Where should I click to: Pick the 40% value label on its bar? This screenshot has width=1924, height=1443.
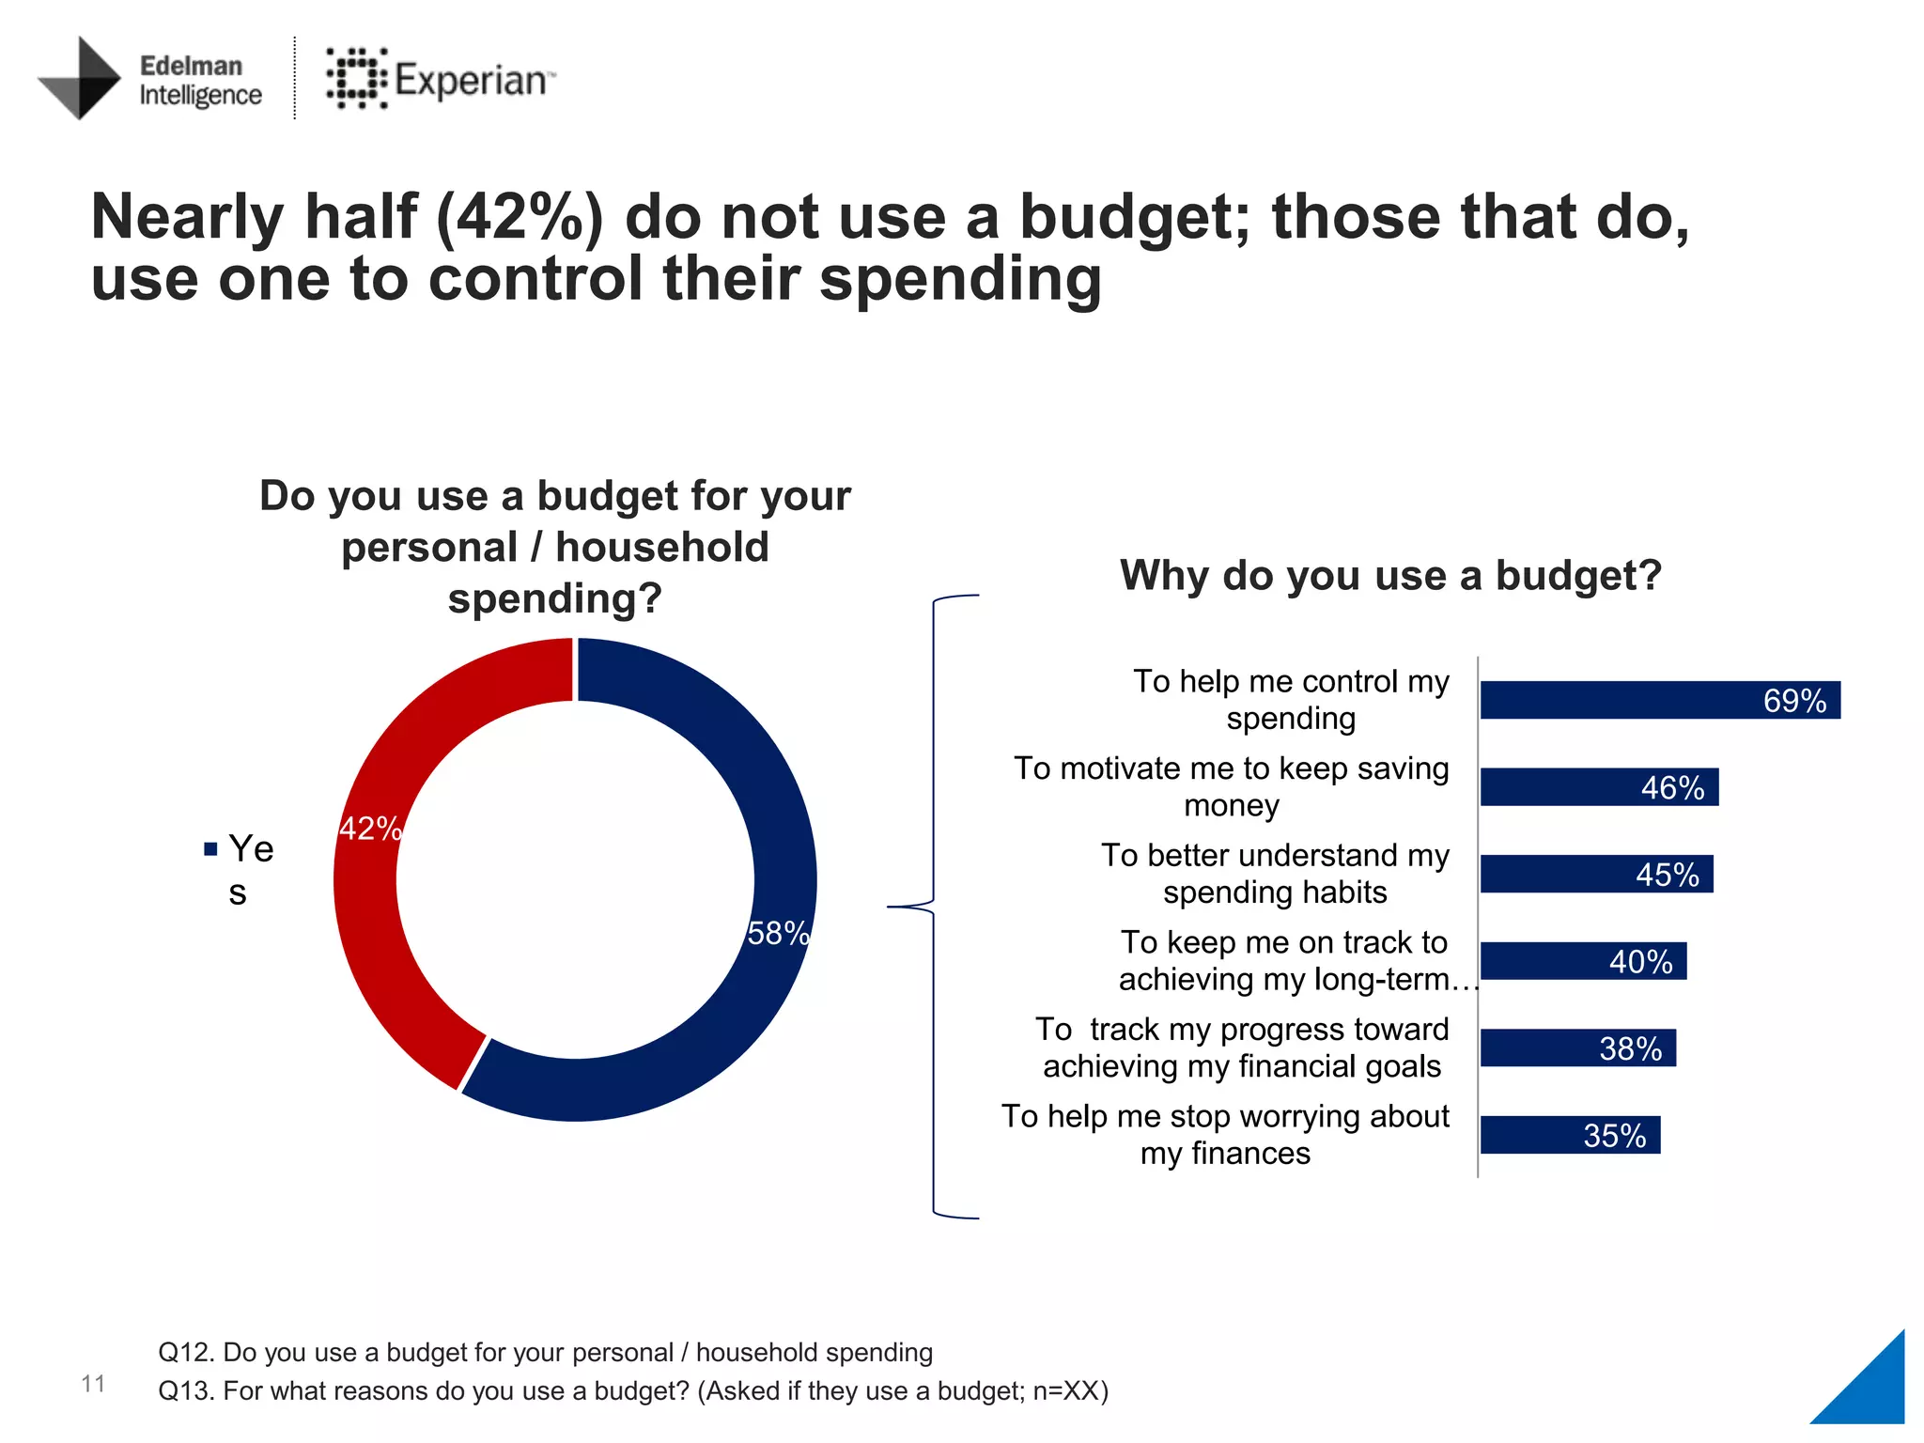(1640, 962)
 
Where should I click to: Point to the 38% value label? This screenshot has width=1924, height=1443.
(1630, 1048)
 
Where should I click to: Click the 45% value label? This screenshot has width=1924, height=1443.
(1667, 875)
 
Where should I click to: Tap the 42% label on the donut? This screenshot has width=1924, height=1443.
(370, 829)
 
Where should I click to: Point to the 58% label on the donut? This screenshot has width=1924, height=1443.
(777, 933)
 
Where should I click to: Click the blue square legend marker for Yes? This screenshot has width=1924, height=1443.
(210, 849)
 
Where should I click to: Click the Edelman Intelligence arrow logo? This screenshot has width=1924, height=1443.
(81, 79)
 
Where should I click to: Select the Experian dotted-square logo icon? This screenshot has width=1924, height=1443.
(356, 79)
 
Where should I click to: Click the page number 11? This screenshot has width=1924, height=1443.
(93, 1383)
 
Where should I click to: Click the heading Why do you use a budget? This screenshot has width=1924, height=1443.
(1390, 575)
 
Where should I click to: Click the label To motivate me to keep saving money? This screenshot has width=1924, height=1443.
(1231, 787)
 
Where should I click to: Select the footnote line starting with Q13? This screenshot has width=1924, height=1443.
(632, 1390)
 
